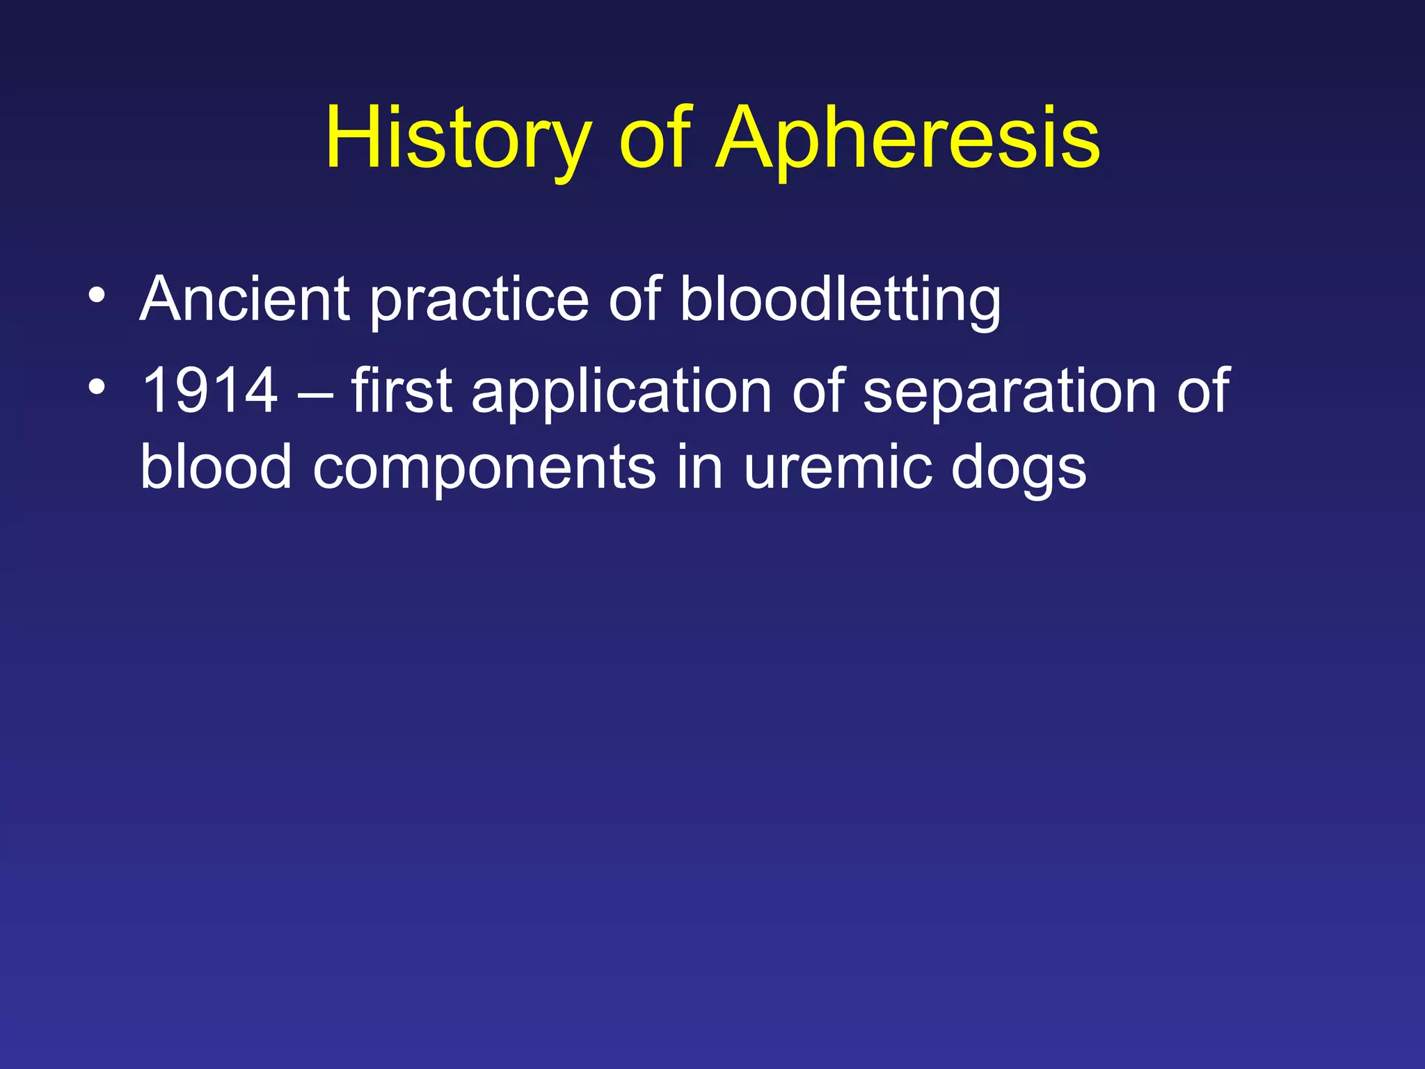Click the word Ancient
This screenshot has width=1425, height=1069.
(244, 299)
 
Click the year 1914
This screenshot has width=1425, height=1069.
(209, 391)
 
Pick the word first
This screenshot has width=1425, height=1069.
(401, 391)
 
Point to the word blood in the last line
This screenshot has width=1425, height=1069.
(216, 467)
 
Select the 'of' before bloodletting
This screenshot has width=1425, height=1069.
(634, 299)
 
